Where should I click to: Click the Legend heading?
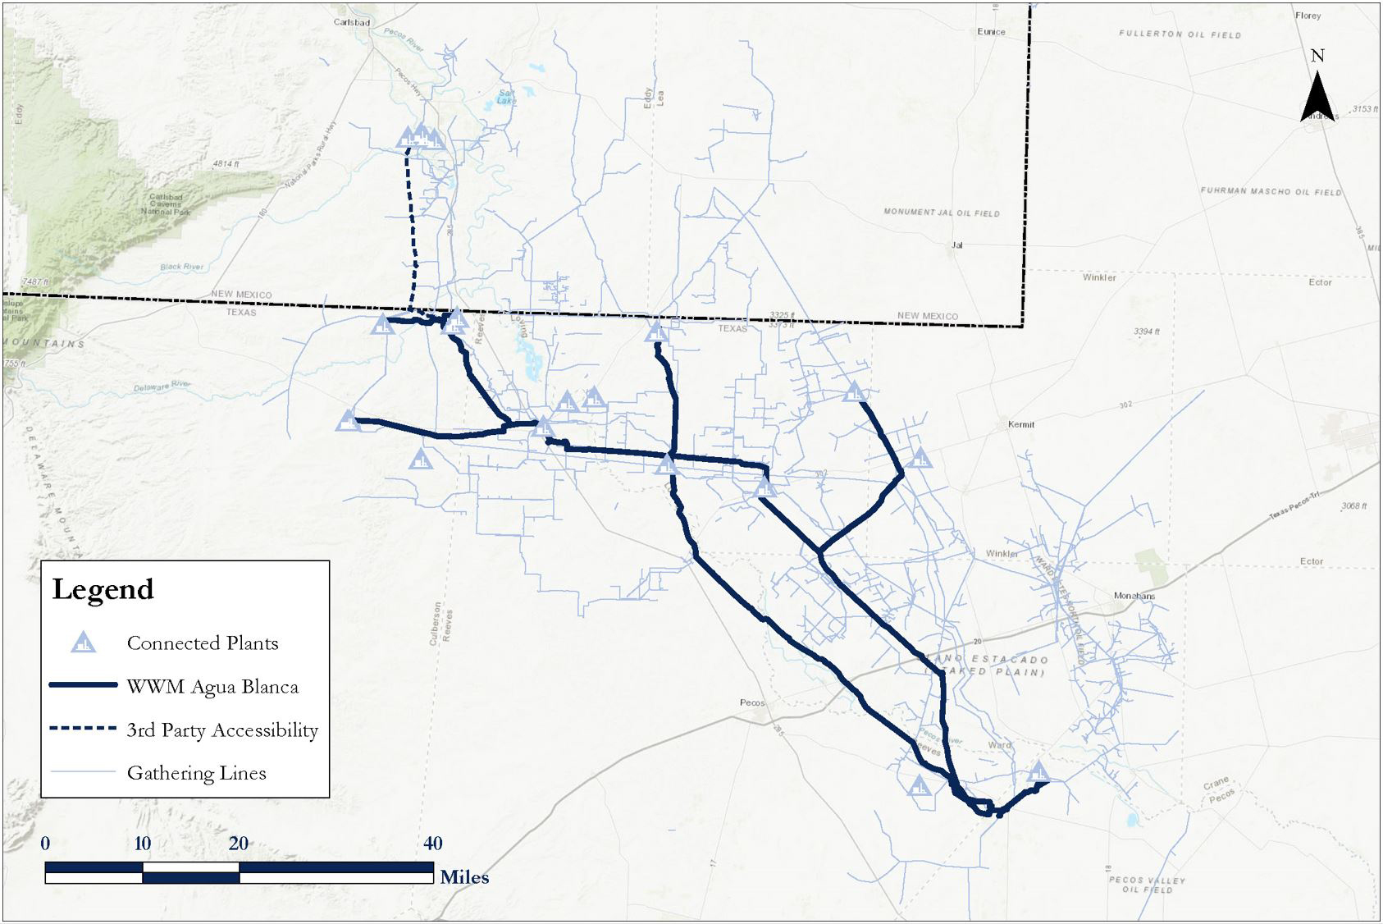tap(103, 589)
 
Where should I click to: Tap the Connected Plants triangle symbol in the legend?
tap(83, 643)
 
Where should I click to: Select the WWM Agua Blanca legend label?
tap(212, 686)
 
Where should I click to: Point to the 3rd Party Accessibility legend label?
tap(222, 730)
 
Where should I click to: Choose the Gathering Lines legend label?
tap(196, 772)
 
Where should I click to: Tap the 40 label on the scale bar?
tap(433, 843)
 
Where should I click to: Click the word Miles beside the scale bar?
tap(464, 877)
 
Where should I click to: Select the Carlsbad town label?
tap(353, 22)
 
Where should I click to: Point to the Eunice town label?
tap(991, 32)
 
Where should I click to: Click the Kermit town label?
tap(1021, 424)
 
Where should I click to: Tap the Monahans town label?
tap(1134, 596)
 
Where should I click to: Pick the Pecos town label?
tap(751, 702)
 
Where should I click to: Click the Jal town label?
tap(956, 245)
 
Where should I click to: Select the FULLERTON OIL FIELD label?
tap(1180, 34)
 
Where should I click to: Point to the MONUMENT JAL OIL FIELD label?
tap(941, 213)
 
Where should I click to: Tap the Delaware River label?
tap(162, 386)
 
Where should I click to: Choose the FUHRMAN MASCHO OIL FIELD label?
tap(1271, 191)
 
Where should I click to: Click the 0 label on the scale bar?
tap(45, 843)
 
